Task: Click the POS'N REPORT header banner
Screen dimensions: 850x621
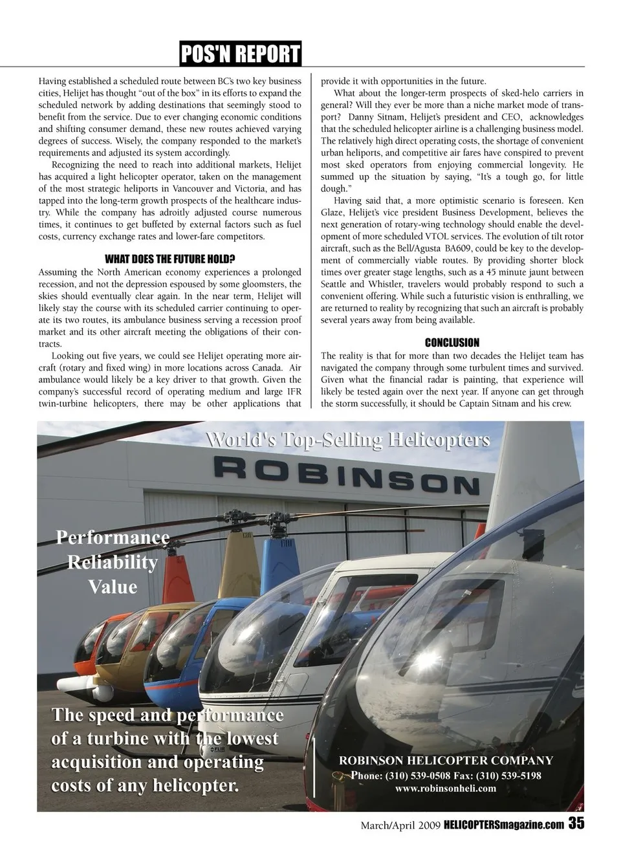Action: coord(241,54)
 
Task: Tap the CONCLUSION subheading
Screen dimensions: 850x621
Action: coord(452,343)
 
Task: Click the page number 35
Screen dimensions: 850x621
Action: coord(577,823)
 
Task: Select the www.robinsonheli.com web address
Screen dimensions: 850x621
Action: coord(446,788)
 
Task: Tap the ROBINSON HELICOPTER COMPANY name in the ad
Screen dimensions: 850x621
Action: coord(446,761)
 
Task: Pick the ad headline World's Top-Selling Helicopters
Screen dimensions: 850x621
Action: coord(347,441)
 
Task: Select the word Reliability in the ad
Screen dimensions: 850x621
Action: coord(113,562)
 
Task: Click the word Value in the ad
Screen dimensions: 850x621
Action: coord(113,587)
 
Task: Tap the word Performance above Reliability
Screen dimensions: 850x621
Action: coord(113,538)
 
